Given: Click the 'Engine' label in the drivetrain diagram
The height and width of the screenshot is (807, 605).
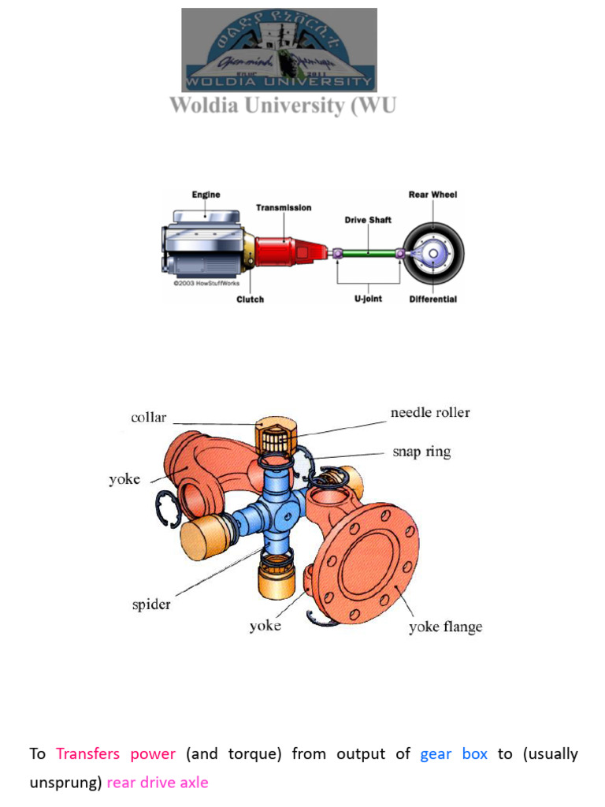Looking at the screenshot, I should [x=206, y=195].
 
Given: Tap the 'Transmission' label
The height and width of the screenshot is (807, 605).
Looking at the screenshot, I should [x=283, y=208].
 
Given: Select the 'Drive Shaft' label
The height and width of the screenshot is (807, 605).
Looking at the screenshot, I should [x=367, y=220].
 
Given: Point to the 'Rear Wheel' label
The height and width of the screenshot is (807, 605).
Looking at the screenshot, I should [x=432, y=195].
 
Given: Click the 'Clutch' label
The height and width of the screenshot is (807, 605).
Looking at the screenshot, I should [x=251, y=299].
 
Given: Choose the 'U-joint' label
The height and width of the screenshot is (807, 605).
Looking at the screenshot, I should [x=367, y=299].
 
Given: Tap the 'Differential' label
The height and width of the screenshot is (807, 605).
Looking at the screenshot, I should [x=432, y=299].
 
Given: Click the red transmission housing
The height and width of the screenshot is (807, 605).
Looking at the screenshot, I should [x=287, y=251].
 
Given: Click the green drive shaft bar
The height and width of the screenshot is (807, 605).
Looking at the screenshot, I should [x=368, y=253].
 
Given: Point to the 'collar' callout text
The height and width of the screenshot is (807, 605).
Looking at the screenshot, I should [x=148, y=418].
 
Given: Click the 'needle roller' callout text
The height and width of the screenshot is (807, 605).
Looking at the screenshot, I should [x=430, y=413].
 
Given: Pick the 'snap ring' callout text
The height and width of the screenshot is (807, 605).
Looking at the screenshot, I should [x=421, y=452].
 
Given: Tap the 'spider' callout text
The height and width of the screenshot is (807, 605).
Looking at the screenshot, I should [x=151, y=605].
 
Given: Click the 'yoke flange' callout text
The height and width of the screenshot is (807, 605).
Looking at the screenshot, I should [x=445, y=627].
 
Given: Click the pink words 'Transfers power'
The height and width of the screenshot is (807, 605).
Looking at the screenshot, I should [x=116, y=754].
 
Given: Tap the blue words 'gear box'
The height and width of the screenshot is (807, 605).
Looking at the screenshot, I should [x=454, y=754].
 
